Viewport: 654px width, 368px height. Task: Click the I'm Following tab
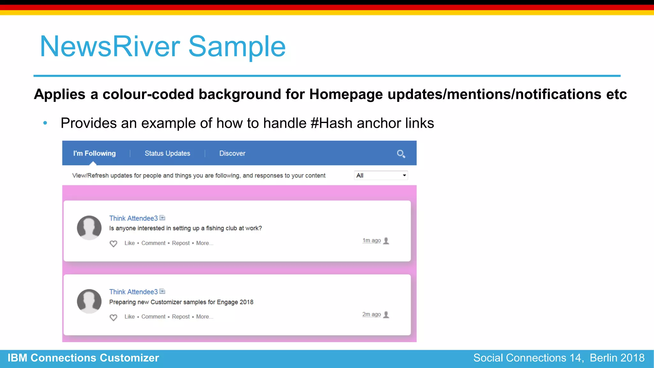tap(94, 153)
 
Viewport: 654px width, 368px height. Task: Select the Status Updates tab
tap(167, 153)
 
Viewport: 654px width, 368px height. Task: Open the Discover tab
tap(232, 153)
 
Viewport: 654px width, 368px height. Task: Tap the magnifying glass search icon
tap(401, 154)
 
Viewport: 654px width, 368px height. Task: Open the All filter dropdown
tap(381, 175)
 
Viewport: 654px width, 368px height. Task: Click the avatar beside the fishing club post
tap(89, 228)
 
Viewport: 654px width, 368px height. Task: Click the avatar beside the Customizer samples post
tap(89, 301)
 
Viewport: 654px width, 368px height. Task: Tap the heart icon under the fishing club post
tap(113, 244)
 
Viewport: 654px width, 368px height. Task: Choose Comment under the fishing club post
tap(153, 243)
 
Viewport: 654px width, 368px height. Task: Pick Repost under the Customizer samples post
tap(181, 317)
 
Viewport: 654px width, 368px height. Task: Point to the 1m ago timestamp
tap(371, 241)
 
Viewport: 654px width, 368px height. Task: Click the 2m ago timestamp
tap(371, 314)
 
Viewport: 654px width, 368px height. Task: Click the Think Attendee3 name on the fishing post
tap(133, 218)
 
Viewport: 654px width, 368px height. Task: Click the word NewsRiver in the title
tap(110, 47)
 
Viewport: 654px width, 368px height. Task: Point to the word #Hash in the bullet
tap(331, 123)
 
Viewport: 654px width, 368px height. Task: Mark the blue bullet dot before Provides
tap(45, 123)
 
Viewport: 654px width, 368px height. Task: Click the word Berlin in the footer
tap(603, 358)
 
